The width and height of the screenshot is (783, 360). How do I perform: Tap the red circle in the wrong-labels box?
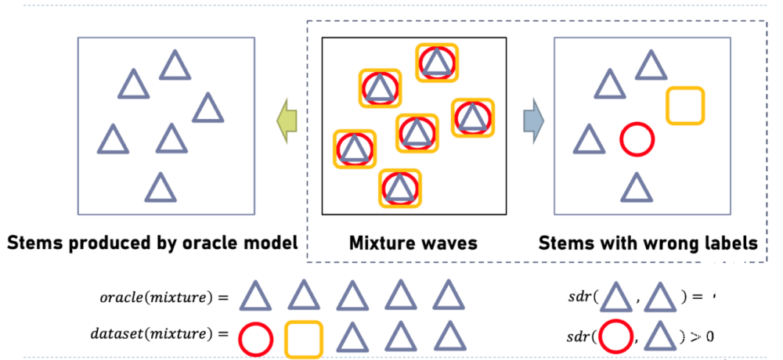point(637,139)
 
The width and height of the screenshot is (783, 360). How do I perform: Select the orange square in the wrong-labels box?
point(685,106)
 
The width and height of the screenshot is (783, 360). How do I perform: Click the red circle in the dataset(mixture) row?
point(255,338)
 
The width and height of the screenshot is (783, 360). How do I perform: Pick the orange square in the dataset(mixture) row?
point(304,338)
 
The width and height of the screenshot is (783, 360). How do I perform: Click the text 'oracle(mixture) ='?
point(163,298)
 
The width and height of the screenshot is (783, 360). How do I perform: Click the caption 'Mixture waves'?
point(413,243)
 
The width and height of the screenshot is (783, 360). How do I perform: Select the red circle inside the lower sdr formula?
point(615,337)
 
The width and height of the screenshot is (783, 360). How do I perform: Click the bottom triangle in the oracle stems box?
point(160,189)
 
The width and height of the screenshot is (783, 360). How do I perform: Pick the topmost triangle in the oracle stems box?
point(175,66)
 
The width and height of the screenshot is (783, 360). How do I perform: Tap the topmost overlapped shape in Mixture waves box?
point(436,61)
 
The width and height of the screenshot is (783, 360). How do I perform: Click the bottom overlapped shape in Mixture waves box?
point(400,188)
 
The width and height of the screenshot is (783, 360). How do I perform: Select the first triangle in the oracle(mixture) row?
point(255,297)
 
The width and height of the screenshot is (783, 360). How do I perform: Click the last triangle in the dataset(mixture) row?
point(449,337)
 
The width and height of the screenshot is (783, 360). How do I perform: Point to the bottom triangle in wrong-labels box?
point(636,189)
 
